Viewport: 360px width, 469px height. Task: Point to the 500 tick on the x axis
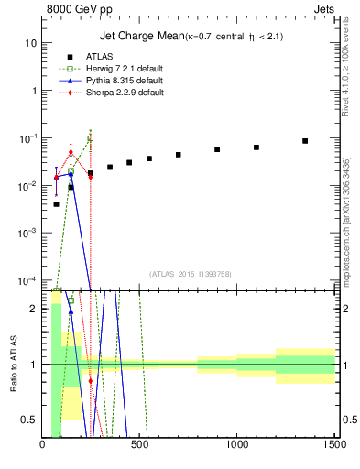click(139, 447)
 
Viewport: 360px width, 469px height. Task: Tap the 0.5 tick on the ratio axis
click(29, 420)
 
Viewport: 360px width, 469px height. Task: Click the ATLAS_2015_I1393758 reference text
click(190, 273)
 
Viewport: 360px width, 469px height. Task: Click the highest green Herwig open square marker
click(90, 138)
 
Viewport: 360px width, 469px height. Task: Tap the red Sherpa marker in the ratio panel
click(90, 380)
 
